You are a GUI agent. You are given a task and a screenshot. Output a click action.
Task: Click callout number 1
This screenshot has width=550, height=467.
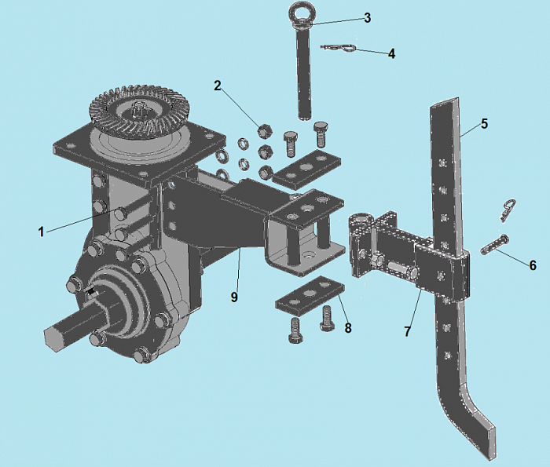pos(41,232)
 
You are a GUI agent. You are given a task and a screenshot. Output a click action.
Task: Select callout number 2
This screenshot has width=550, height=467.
pos(218,85)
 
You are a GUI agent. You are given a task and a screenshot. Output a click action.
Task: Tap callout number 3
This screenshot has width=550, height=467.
pos(367,18)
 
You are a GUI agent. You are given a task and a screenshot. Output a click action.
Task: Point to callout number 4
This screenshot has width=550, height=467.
pos(391,53)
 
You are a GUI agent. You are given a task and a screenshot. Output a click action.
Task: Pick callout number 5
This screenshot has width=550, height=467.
pos(484,124)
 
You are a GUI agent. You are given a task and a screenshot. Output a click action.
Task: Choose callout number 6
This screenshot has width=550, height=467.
pos(533,265)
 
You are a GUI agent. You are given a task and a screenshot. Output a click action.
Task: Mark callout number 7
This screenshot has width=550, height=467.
pos(407,331)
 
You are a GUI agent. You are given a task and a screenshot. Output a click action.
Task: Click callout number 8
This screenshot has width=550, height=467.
pos(347,328)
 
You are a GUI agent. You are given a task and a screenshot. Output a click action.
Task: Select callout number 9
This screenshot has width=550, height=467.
pos(234,297)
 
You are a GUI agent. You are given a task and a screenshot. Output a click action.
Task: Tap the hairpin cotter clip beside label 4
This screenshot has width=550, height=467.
pos(339,49)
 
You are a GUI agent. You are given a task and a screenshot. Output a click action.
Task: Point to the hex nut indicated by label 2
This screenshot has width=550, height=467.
pos(265,131)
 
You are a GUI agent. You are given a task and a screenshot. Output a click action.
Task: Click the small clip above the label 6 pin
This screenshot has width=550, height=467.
pos(508,210)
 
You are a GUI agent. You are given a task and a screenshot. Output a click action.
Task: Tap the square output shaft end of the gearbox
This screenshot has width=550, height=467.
pos(53,336)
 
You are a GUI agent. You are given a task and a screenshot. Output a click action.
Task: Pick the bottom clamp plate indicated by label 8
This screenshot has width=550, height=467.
pos(310,294)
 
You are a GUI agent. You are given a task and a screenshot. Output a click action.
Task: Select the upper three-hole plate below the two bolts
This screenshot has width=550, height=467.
pos(308,167)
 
